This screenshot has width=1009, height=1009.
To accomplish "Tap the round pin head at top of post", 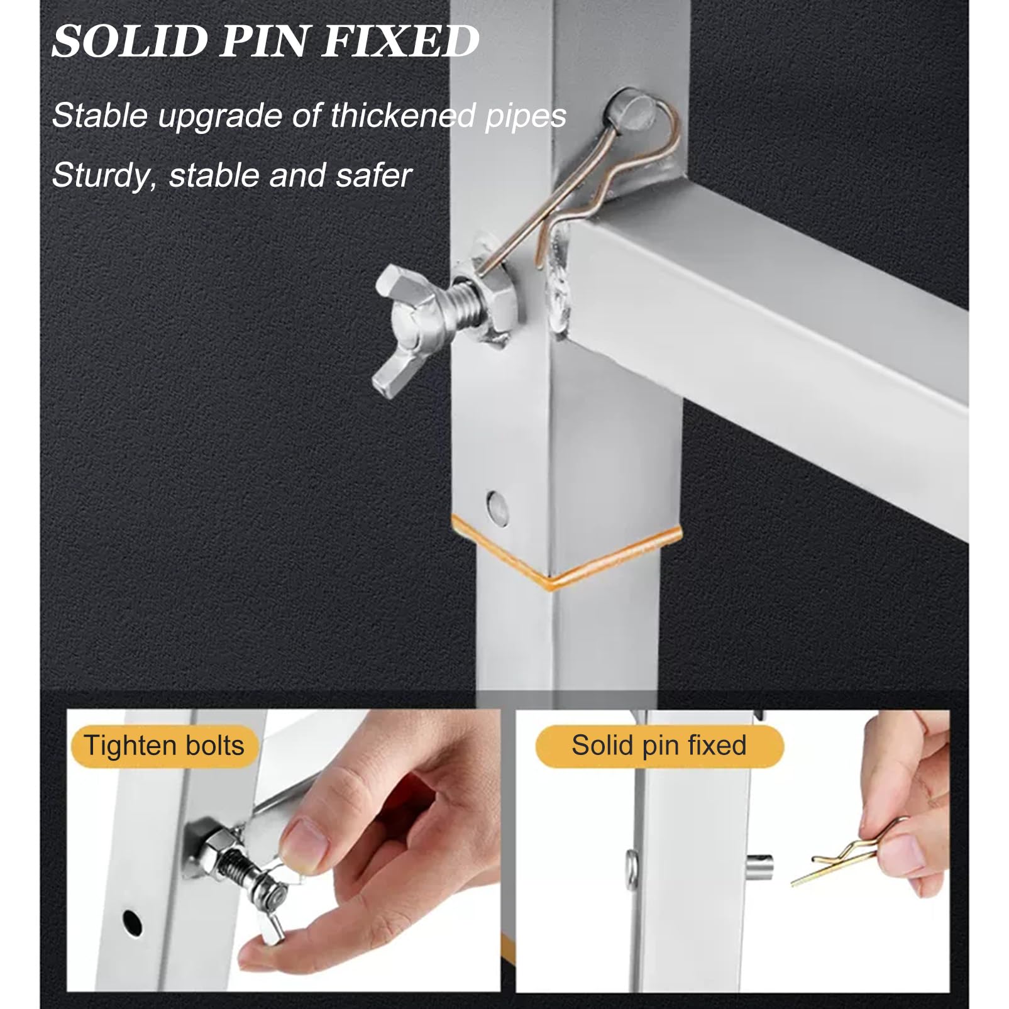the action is (x=629, y=111).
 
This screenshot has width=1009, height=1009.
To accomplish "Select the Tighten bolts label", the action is (x=163, y=746).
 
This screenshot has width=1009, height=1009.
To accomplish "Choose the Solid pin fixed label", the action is (x=659, y=746).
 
